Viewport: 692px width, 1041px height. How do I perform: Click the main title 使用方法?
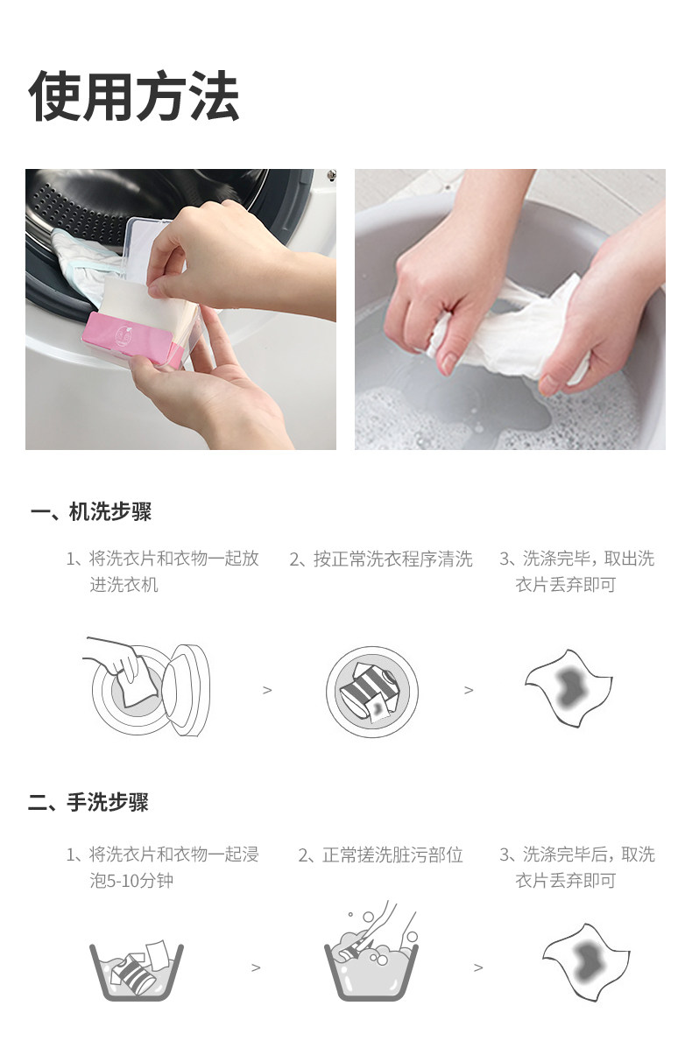133,96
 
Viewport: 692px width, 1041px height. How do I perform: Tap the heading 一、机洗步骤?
91,512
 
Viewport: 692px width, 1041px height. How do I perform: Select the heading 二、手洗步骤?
88,802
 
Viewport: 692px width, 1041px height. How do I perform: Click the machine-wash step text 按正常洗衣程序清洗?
381,559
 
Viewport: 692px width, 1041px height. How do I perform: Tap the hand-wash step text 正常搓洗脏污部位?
380,855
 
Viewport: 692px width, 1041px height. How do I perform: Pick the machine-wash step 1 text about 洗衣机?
163,572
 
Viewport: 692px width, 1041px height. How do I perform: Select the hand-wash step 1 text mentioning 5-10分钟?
163,868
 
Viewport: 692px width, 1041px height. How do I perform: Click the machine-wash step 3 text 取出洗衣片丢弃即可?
577,572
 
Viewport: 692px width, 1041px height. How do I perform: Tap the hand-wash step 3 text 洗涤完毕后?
577,868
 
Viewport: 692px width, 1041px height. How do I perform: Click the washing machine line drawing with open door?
146,687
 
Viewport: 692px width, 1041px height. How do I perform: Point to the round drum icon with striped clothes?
372,691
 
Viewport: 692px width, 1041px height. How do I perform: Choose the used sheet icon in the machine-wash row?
568,688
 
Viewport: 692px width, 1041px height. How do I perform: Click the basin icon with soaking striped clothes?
137,969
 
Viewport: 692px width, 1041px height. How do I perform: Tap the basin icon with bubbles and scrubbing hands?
372,953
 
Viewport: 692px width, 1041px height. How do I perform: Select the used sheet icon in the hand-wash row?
586,961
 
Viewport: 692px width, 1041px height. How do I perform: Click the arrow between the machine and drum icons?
267,691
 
